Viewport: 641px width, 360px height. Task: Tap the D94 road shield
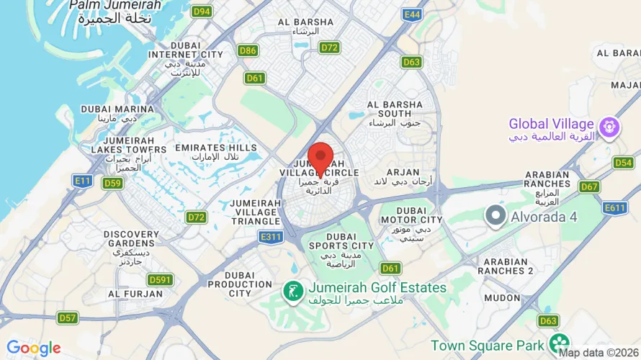click(202, 12)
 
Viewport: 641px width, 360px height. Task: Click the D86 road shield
click(248, 50)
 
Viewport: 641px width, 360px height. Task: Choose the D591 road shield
click(160, 279)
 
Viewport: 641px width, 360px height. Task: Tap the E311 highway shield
click(271, 236)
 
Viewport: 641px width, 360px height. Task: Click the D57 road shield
click(68, 318)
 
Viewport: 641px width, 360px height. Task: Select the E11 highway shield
click(83, 181)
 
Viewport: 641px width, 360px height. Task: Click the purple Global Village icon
click(610, 128)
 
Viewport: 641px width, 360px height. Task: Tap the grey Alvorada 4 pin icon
click(496, 215)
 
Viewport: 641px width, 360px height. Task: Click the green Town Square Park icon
click(558, 343)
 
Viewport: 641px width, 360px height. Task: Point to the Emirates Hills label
click(215, 153)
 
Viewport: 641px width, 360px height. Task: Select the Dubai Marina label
click(117, 114)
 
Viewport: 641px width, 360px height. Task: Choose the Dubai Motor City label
click(411, 215)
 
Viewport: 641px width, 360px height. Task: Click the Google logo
click(33, 349)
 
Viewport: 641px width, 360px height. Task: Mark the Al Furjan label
click(133, 294)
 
